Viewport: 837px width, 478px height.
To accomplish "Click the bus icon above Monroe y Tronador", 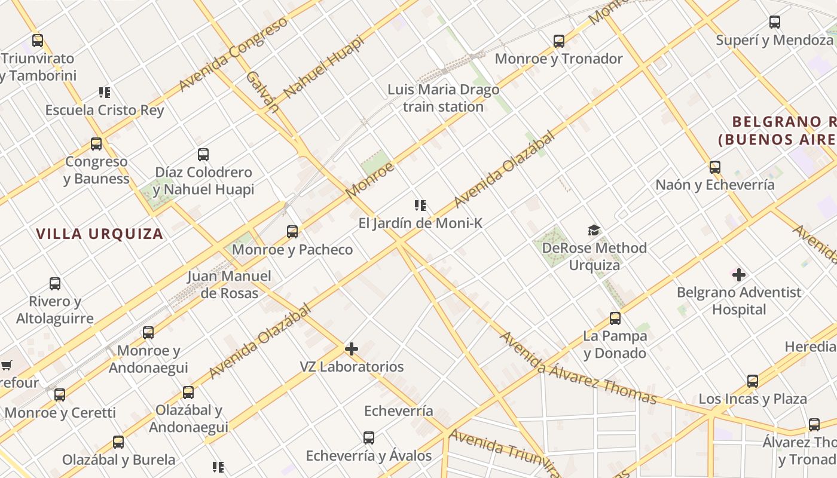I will pos(559,41).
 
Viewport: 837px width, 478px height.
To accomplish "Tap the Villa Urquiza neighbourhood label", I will pos(100,234).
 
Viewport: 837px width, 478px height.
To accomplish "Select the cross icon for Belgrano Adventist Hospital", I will pos(740,275).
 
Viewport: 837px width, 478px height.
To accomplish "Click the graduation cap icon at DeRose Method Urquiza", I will pos(594,230).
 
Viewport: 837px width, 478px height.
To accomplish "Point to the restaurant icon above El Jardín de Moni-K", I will pos(420,206).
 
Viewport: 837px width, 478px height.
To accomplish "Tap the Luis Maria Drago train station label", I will pos(443,99).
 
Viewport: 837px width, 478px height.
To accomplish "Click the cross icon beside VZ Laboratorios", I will pos(352,349).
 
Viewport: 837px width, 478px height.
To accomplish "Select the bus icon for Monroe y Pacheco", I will pos(292,232).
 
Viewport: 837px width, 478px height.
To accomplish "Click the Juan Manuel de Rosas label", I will pos(229,284).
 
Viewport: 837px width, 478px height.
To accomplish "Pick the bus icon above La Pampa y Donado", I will pos(615,318).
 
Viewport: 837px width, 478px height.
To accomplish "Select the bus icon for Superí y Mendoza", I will pos(775,23).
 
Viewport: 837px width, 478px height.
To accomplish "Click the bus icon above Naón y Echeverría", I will pos(715,167).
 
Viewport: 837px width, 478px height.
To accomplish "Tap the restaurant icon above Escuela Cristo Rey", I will pos(105,93).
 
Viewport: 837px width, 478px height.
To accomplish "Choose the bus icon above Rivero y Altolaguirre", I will pos(55,284).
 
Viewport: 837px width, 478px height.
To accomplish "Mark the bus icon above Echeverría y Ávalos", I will pos(369,438).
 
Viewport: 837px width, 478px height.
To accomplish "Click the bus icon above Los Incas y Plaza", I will pos(753,381).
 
